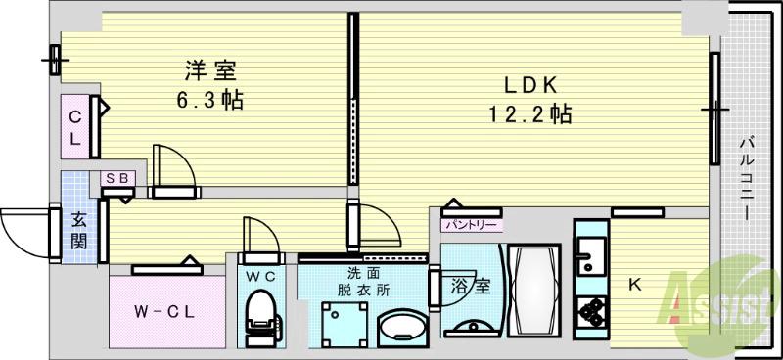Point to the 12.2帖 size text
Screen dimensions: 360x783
[x=530, y=114]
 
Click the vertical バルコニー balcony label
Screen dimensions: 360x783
[x=746, y=179]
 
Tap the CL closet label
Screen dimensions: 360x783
[x=74, y=125]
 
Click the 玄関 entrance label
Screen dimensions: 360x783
[x=78, y=231]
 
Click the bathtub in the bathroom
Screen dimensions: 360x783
[x=532, y=290]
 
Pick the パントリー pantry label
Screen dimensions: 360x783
[x=472, y=225]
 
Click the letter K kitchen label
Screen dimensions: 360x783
[x=634, y=285]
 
